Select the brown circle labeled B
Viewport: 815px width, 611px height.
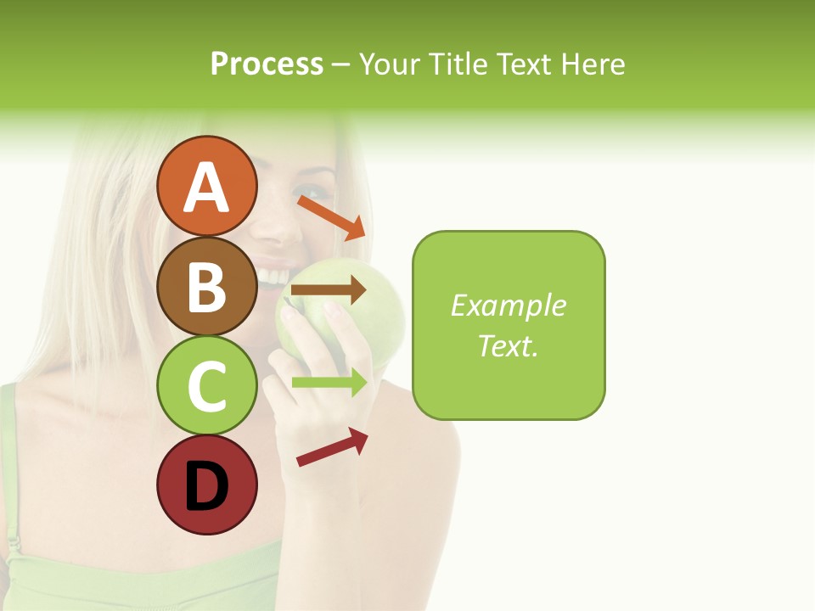pos(206,286)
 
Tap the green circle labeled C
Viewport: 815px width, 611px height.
pos(206,386)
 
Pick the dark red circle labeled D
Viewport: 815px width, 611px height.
pos(206,485)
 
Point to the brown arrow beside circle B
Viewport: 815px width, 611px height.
pos(329,290)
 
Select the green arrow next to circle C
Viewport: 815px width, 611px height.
pos(329,382)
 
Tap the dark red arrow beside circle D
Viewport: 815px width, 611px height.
pos(332,447)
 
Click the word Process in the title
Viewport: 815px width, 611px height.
pos(267,64)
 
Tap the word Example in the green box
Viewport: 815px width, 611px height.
pos(508,305)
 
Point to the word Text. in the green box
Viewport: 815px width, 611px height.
pos(508,345)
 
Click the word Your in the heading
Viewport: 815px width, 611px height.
pos(391,64)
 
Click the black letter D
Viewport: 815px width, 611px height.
pos(206,486)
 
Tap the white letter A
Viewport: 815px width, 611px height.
pos(206,187)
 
